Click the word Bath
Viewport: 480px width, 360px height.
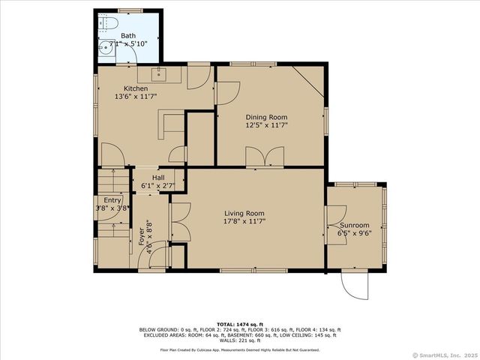128,36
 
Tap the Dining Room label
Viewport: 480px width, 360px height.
266,117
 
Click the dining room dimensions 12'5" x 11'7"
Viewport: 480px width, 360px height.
266,125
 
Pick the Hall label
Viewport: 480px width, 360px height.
158,178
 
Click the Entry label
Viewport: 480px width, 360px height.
112,200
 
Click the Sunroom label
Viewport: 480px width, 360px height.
354,225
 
